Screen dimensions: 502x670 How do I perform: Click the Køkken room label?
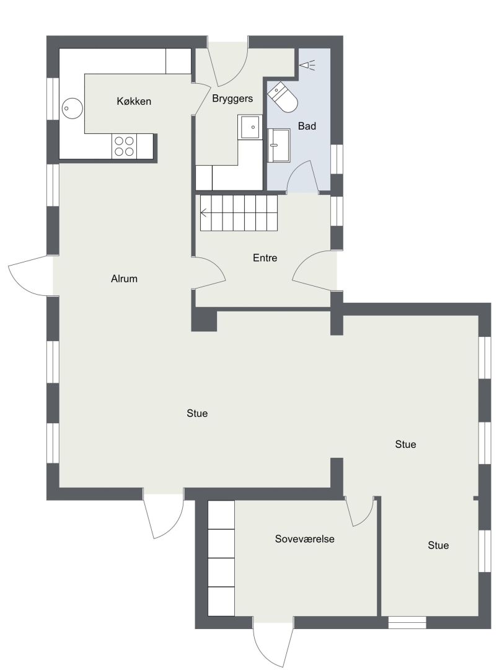134,101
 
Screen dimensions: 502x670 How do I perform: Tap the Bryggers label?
232,99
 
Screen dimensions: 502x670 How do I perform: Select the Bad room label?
307,126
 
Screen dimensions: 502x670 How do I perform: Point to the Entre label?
265,257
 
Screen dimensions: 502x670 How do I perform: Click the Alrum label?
124,279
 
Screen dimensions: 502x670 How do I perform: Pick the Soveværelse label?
305,539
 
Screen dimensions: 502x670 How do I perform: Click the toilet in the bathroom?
283,97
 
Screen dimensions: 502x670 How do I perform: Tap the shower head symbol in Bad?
307,65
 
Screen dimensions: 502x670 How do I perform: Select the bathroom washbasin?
278,146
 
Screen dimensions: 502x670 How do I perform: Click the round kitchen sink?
72,109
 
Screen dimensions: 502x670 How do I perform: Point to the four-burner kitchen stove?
124,146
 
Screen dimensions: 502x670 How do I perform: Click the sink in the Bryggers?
250,127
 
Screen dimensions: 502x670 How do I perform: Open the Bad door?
302,177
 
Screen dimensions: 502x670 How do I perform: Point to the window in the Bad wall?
337,159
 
